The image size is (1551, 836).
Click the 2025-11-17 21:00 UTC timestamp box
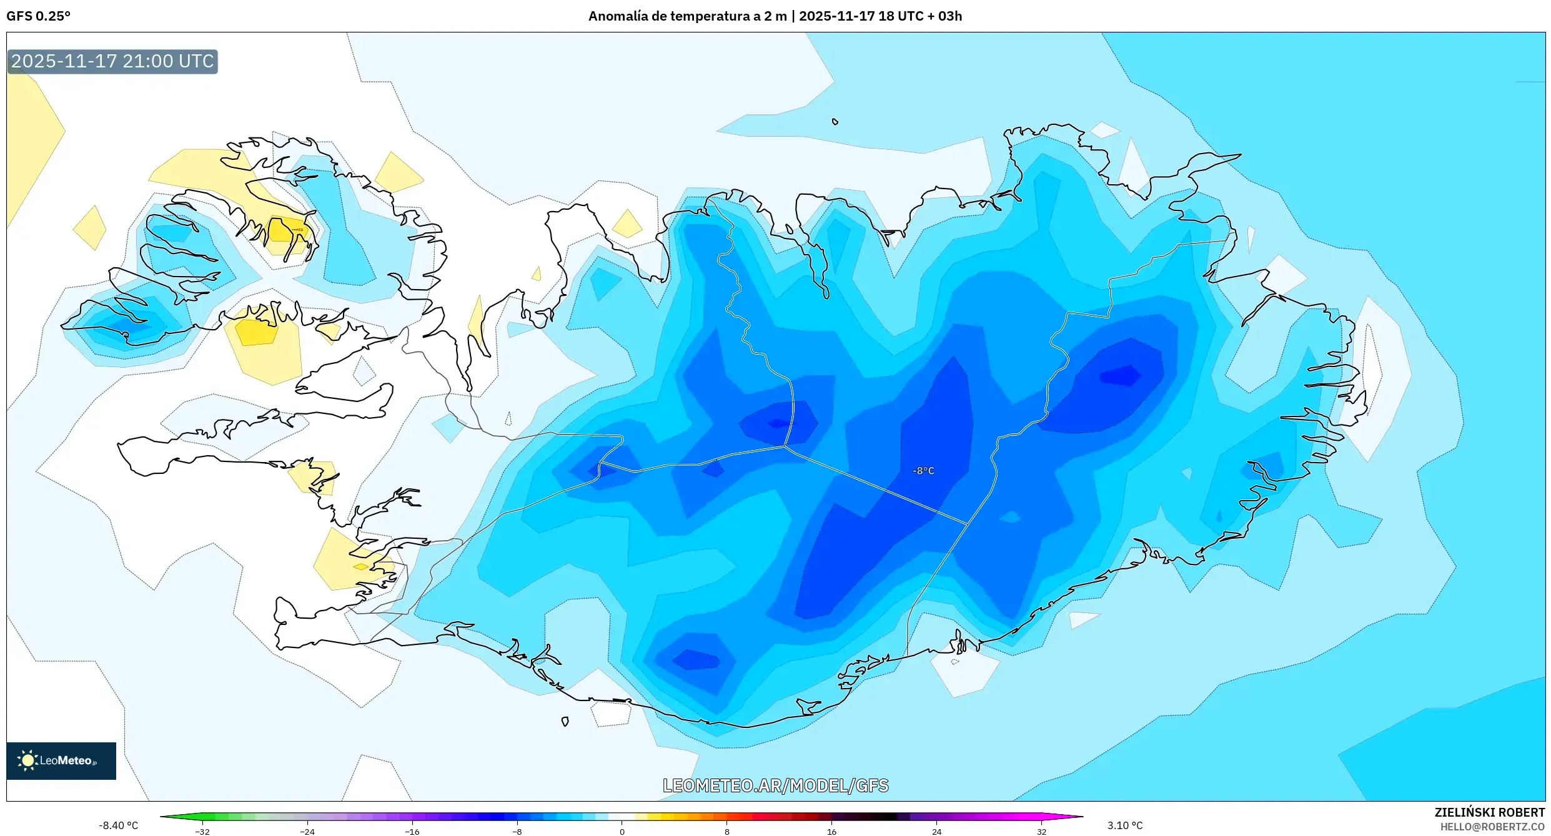112,61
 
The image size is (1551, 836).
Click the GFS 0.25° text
38,16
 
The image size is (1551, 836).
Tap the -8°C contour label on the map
923,471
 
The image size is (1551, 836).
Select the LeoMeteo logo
61,760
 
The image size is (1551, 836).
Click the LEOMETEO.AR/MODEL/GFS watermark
775,785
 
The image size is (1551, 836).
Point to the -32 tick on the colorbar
202,832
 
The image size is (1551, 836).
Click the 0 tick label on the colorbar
622,832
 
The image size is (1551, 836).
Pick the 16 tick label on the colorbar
831,832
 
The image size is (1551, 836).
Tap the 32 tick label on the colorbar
1041,832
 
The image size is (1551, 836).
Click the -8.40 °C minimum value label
118,825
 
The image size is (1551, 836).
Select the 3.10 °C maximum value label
1125,825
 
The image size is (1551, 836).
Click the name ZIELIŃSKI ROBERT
1489,812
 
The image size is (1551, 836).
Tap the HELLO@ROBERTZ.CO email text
1492,827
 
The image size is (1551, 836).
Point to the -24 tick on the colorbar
307,832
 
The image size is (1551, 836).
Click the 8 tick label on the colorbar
726,832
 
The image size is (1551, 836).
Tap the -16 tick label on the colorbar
412,832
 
